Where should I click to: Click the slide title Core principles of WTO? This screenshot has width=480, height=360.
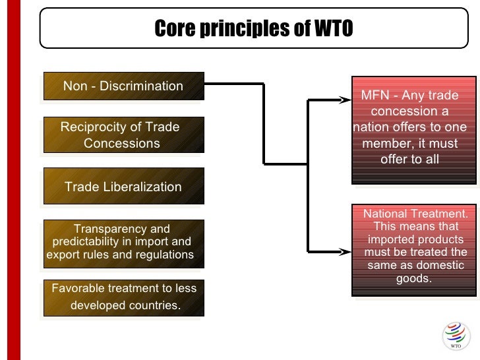(x=254, y=29)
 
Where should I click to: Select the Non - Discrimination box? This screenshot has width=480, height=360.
(x=123, y=86)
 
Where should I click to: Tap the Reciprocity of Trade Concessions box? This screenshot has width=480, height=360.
(x=123, y=135)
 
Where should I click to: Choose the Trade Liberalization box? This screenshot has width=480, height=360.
(x=123, y=187)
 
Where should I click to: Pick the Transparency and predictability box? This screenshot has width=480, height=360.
(x=123, y=242)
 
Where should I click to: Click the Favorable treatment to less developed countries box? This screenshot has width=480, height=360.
(x=123, y=297)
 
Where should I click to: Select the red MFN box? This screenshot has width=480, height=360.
(x=413, y=129)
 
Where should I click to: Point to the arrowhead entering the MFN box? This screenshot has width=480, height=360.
(x=345, y=100)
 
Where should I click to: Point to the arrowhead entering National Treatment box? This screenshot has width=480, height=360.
(x=345, y=251)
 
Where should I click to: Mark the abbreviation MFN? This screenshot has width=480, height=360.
(x=375, y=96)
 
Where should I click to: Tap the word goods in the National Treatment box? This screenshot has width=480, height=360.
(x=413, y=278)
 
